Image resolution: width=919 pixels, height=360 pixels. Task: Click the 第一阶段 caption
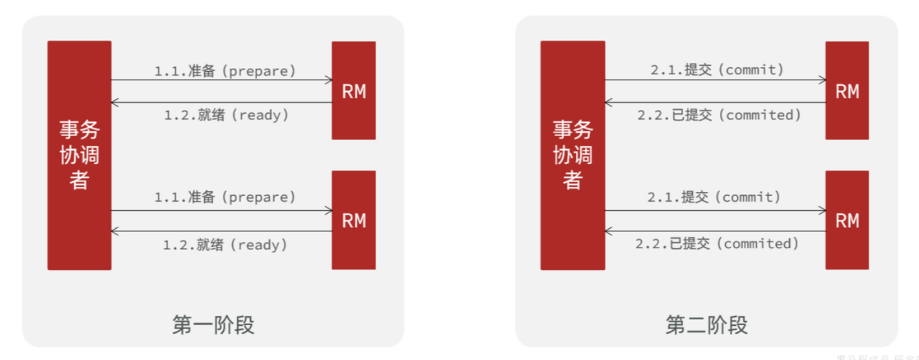[x=213, y=325]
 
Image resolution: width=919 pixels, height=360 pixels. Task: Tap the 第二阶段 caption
[x=706, y=325]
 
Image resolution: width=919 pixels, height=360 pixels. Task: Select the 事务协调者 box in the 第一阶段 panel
[x=79, y=155]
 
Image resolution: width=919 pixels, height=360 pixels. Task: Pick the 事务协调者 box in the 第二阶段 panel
[x=573, y=155]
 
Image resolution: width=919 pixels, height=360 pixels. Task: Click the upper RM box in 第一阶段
[x=354, y=90]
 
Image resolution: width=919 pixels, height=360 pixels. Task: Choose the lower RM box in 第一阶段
[x=354, y=220]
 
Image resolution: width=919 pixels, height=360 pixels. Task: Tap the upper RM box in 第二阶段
[x=847, y=90]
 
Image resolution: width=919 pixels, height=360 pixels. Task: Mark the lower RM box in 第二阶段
[x=847, y=220]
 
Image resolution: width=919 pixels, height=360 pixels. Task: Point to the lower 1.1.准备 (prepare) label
[x=225, y=197]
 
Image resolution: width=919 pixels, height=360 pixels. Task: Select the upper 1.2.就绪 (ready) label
[x=225, y=116]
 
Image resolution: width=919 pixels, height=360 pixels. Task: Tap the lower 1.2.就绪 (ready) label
[x=225, y=245]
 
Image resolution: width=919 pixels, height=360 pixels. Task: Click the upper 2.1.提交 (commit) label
[x=717, y=70]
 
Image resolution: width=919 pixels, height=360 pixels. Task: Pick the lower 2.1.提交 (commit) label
[x=714, y=197]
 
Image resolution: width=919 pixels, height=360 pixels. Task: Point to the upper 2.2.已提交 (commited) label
[x=719, y=115]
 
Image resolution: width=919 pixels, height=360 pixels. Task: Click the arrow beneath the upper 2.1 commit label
[x=715, y=80]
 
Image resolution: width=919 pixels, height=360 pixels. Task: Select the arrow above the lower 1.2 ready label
[x=221, y=231]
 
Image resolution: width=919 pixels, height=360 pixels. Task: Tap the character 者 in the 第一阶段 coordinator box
[x=79, y=180]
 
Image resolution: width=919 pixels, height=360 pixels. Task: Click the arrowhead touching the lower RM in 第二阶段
[x=822, y=210]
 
